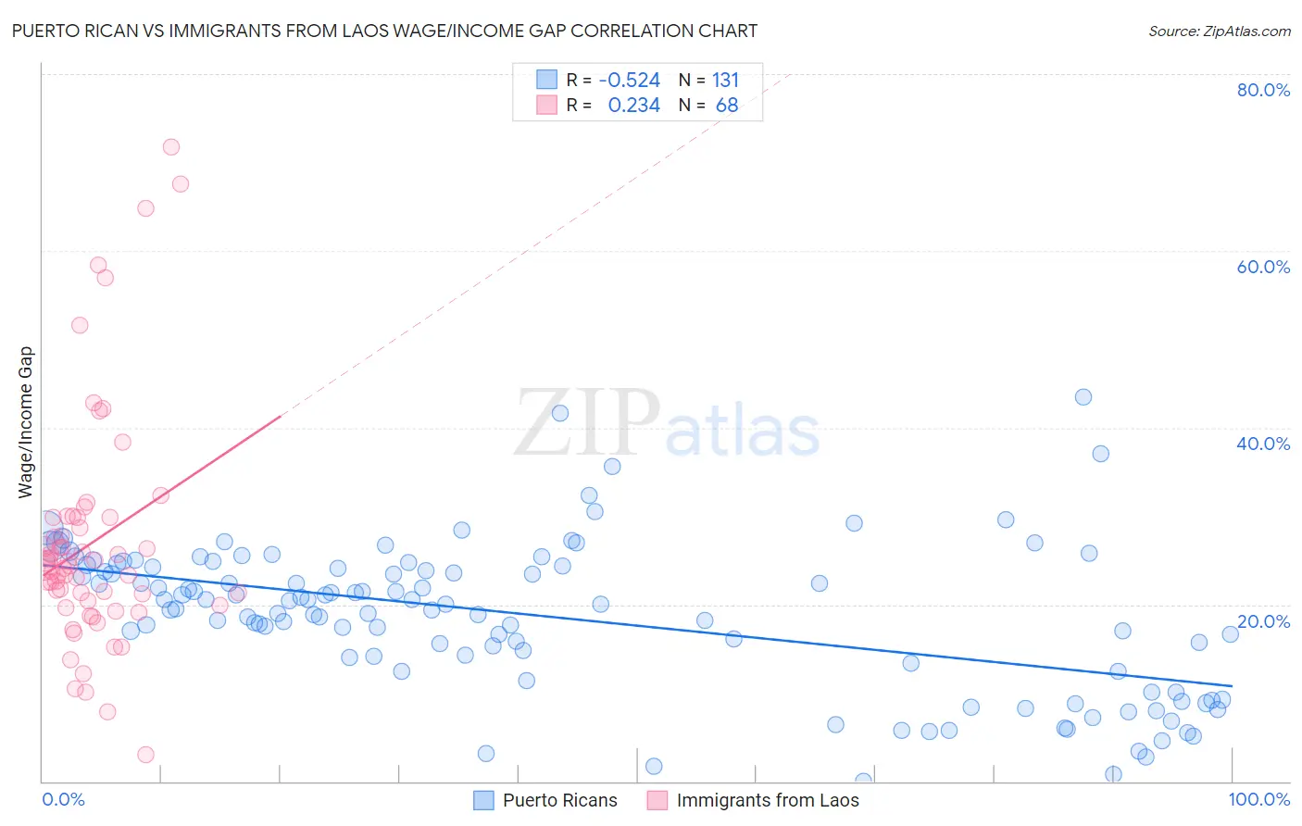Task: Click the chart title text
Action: [384, 31]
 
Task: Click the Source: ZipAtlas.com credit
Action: [1219, 31]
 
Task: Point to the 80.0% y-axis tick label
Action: [1263, 90]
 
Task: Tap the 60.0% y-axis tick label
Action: [1263, 267]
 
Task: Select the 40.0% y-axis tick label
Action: [1263, 444]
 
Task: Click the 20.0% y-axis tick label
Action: [1263, 621]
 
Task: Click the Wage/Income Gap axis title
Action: [26, 422]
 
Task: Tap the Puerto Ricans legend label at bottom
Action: [559, 801]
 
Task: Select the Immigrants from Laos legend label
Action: [768, 801]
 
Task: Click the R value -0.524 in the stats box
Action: [630, 81]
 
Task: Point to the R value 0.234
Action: [633, 106]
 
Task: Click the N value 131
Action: [726, 81]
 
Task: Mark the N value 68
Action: [727, 106]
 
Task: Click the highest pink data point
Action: [171, 147]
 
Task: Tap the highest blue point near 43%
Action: [1083, 397]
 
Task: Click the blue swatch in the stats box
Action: [546, 81]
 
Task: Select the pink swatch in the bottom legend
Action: [657, 801]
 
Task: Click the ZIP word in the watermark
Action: [587, 422]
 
